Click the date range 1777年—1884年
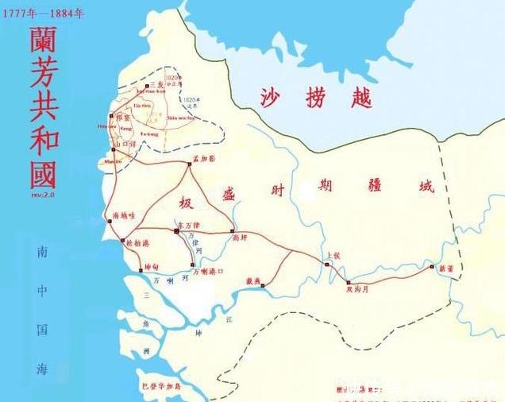[44, 13]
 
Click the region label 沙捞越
[316, 98]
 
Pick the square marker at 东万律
[176, 230]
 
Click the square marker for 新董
[433, 267]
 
